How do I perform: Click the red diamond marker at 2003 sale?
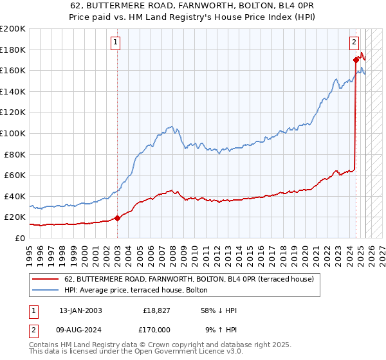coord(118,218)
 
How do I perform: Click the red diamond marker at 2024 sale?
coord(356,60)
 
